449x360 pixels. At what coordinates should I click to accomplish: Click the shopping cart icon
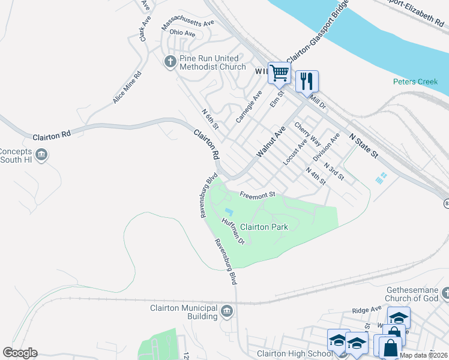pyautogui.click(x=279, y=73)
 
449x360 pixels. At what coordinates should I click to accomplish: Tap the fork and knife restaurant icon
pyautogui.click(x=307, y=81)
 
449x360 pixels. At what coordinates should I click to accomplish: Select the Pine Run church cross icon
pyautogui.click(x=170, y=62)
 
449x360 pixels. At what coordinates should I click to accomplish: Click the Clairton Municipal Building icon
pyautogui.click(x=227, y=311)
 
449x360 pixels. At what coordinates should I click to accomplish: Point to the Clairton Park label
pyautogui.click(x=264, y=227)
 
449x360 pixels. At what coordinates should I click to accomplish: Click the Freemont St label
pyautogui.click(x=257, y=194)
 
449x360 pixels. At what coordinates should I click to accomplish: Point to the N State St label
pyautogui.click(x=364, y=147)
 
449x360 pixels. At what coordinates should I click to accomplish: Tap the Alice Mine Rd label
pyautogui.click(x=127, y=88)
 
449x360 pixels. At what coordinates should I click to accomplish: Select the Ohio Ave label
pyautogui.click(x=182, y=33)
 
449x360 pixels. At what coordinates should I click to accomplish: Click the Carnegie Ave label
pyautogui.click(x=249, y=107)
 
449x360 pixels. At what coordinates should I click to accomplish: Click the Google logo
pyautogui.click(x=20, y=353)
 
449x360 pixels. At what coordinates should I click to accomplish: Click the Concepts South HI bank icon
pyautogui.click(x=41, y=155)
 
